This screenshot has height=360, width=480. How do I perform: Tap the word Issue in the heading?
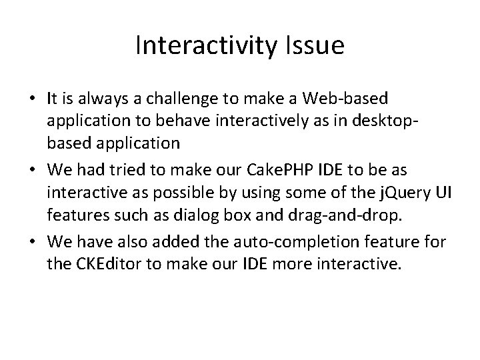click(x=319, y=45)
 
